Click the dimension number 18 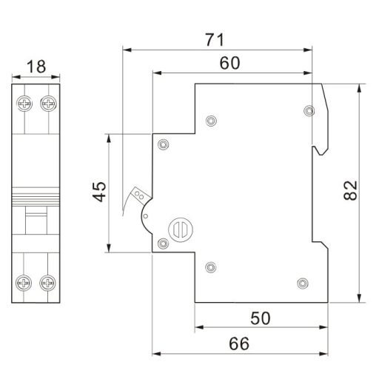(35, 67)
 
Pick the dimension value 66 (238, 343)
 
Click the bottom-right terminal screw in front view (49, 281)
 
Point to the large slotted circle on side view (180, 229)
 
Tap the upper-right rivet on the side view (309, 111)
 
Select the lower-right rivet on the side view (301, 283)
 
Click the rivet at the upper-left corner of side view (164, 143)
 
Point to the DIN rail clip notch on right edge (320, 148)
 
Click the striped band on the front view (36, 198)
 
